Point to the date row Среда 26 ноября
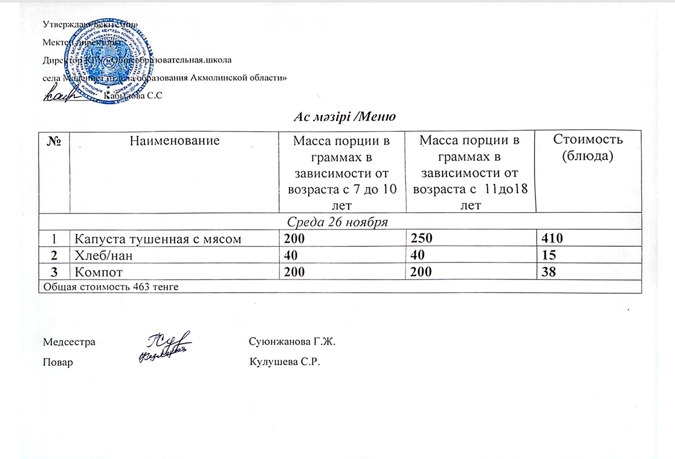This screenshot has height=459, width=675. point(339,222)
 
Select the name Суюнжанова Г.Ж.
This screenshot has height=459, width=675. point(292,342)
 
